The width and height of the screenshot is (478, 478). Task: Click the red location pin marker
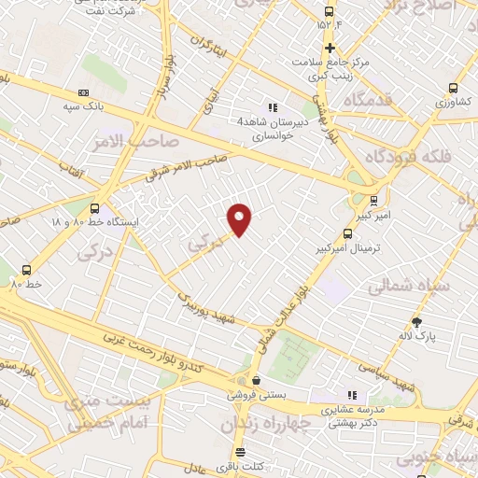pyautogui.click(x=241, y=218)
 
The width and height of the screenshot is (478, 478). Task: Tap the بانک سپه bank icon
pyautogui.click(x=84, y=92)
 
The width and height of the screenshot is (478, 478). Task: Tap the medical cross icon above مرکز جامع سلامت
pyautogui.click(x=329, y=48)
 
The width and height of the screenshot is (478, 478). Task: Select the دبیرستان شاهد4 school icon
pyautogui.click(x=273, y=108)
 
